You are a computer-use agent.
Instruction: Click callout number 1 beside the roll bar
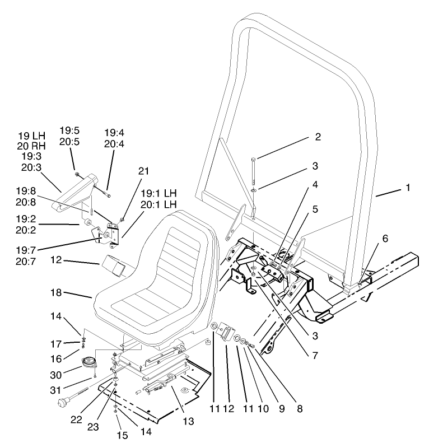(408, 188)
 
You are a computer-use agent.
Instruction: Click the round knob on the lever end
(62, 402)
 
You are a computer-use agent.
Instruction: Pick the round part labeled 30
(88, 362)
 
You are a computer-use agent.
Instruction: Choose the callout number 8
(300, 409)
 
